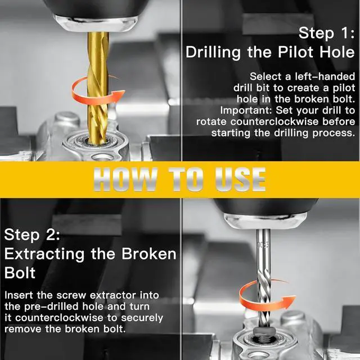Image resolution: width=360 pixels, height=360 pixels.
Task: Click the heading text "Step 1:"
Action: pos(326,33)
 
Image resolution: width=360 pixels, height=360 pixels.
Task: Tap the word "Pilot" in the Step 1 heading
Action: pos(296,52)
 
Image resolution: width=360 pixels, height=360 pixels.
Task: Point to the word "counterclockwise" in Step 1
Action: pos(274,121)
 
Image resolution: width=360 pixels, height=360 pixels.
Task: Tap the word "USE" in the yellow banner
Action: pos(240,179)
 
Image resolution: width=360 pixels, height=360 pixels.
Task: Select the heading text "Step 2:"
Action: pos(32,235)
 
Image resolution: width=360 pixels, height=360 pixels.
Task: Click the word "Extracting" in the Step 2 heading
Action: pos(44,254)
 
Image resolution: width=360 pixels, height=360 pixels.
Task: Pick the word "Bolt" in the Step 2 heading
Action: pos(20,272)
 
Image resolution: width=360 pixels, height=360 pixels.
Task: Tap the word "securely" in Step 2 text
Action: pos(142,318)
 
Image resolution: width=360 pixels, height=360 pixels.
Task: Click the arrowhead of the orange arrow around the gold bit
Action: pos(119,94)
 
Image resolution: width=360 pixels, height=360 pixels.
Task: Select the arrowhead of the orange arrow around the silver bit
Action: pos(289,301)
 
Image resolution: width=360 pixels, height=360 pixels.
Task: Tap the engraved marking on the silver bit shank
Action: pos(263,245)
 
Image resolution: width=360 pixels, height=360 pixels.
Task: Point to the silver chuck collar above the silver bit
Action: pos(265,221)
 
